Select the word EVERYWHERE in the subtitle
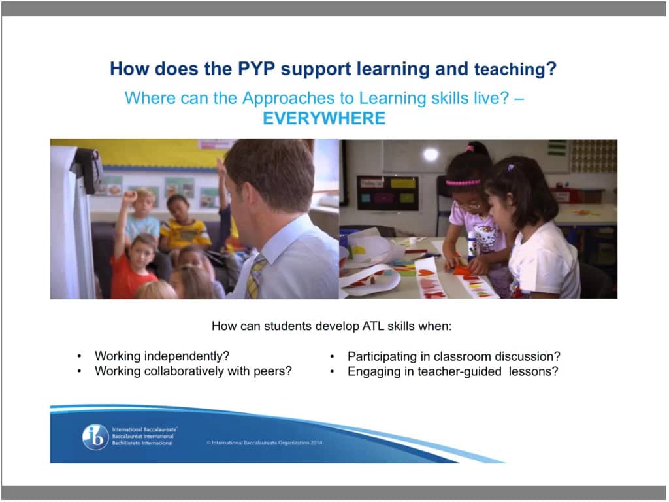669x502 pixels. click(x=323, y=118)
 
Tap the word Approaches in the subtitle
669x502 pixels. click(x=278, y=99)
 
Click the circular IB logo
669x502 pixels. click(x=95, y=437)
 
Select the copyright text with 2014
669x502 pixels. click(x=265, y=443)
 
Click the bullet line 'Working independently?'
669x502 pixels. click(x=162, y=356)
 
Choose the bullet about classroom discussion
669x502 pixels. click(x=453, y=356)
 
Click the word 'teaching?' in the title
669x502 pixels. click(x=516, y=69)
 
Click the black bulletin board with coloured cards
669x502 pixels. click(x=387, y=192)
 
